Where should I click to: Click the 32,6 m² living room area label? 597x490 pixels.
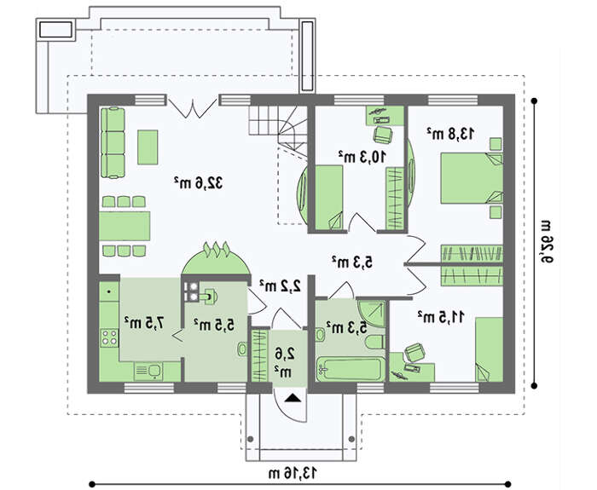[198, 183]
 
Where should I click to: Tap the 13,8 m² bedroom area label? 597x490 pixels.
[450, 134]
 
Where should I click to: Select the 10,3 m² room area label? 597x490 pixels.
[362, 156]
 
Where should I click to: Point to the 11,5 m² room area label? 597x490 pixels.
[441, 316]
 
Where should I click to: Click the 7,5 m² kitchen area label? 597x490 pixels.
[145, 323]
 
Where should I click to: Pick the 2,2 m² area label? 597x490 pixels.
[281, 285]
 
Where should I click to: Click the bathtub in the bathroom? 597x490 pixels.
[349, 369]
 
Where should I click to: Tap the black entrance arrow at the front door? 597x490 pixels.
[293, 398]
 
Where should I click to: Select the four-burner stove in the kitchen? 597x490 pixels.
[109, 337]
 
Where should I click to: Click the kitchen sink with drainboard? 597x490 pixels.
[148, 371]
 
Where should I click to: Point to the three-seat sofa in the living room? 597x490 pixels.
[113, 142]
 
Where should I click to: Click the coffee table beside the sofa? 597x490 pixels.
[148, 147]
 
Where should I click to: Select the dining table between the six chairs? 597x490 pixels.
[125, 226]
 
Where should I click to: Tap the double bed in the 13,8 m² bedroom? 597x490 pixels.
[472, 178]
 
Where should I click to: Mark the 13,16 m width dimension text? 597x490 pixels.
[293, 473]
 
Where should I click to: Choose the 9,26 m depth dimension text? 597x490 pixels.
[547, 241]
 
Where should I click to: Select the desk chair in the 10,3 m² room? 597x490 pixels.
[383, 135]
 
